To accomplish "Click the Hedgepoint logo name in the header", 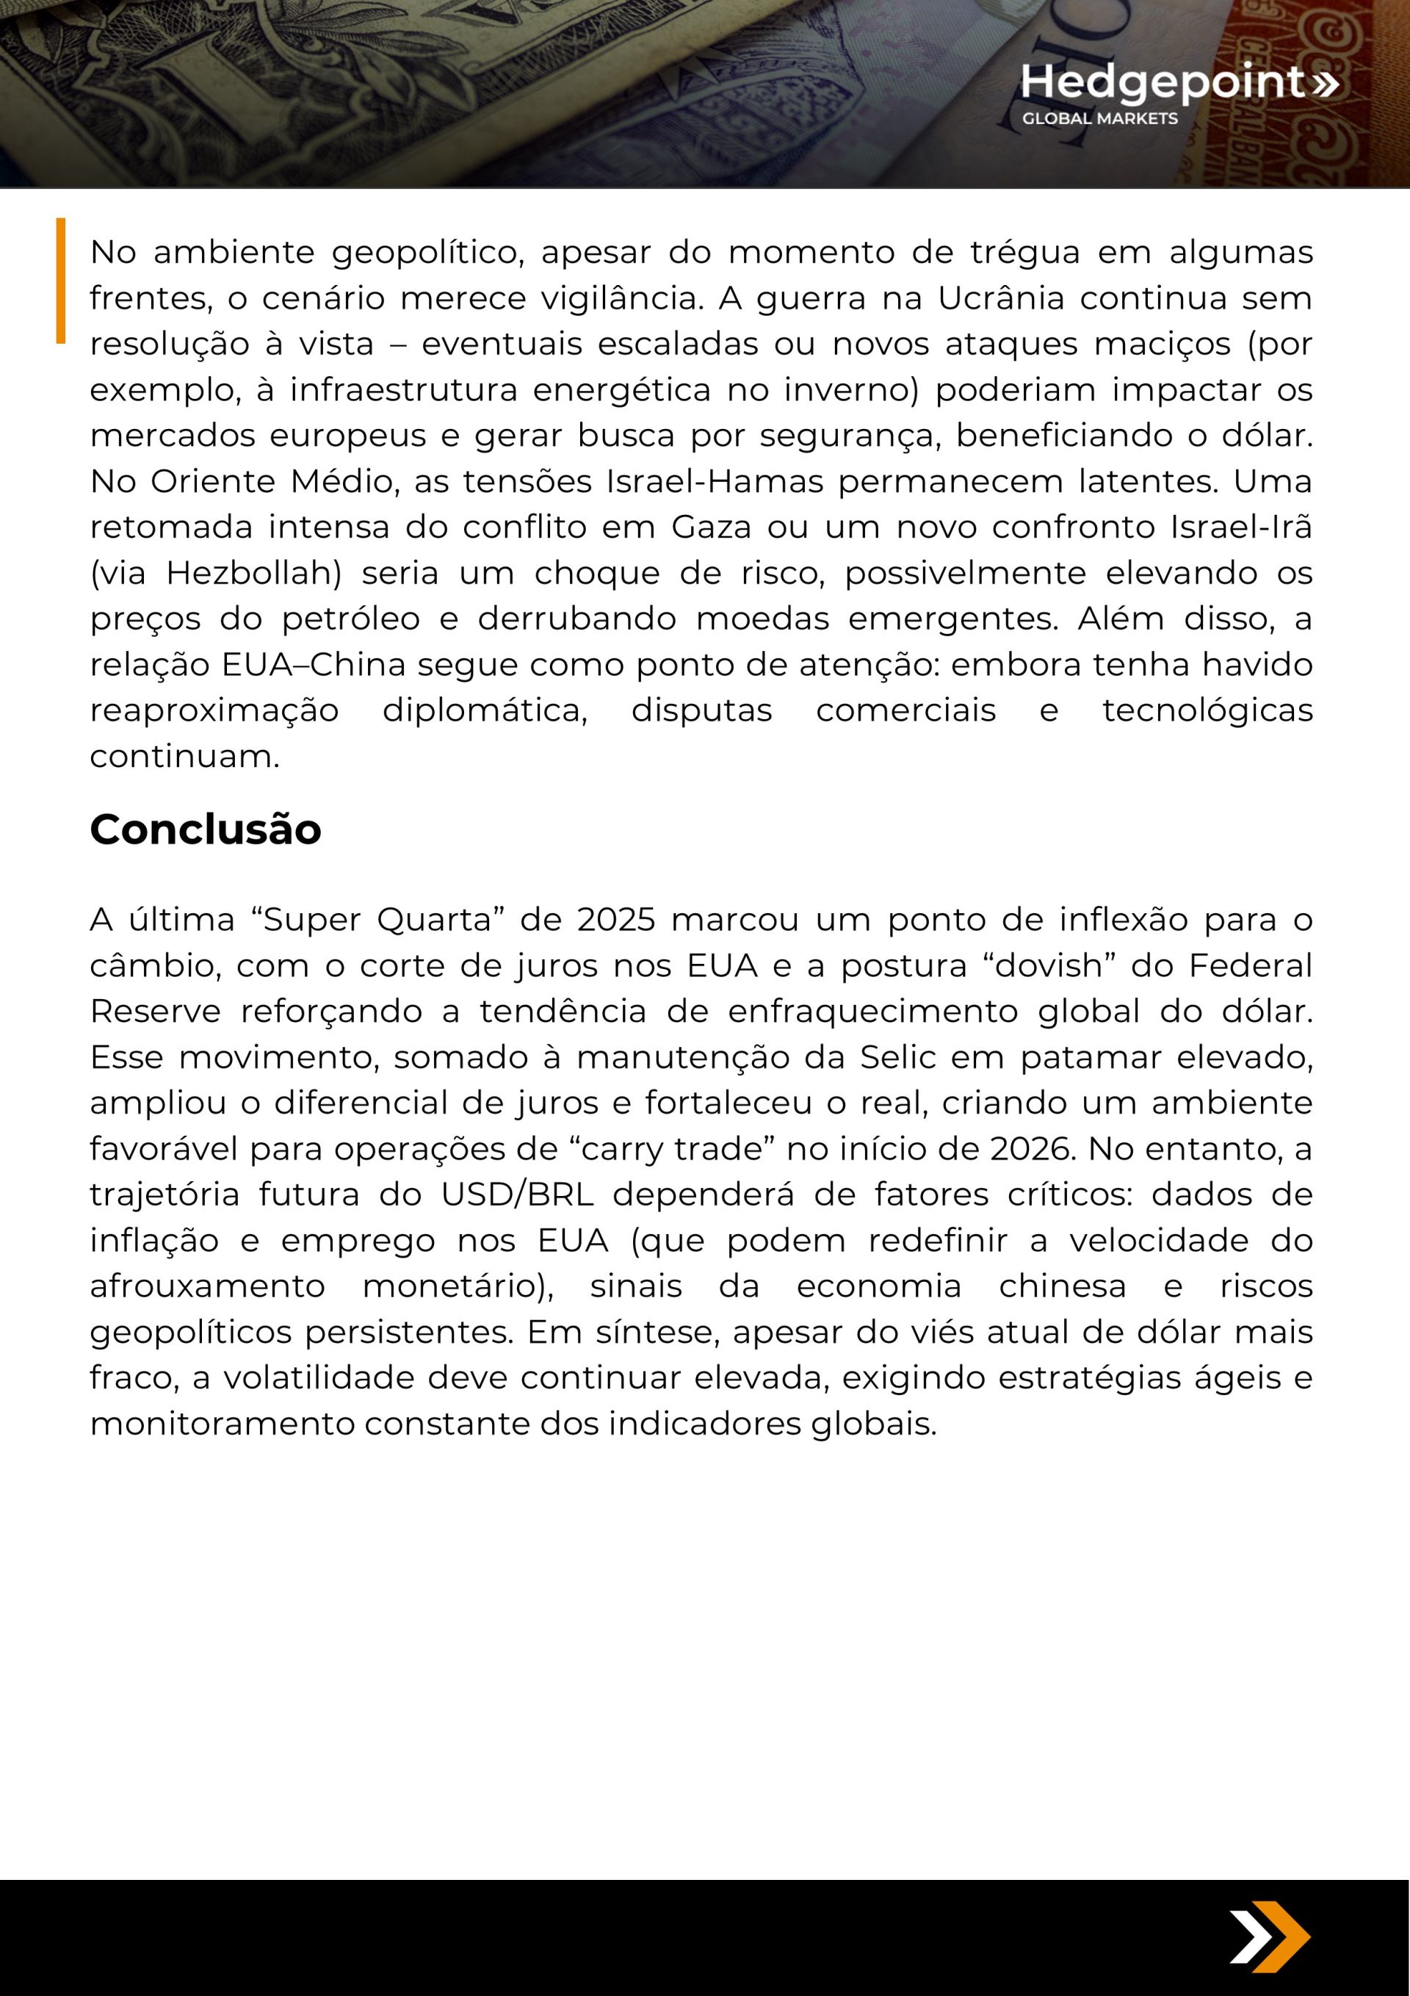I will coord(1163,82).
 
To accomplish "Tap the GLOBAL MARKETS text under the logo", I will coord(1099,119).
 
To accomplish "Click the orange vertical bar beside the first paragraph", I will coord(61,280).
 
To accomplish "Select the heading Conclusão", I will coord(205,829).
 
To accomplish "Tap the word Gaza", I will coord(711,527).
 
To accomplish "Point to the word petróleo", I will coord(350,619).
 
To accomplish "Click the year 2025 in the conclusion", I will coord(615,920).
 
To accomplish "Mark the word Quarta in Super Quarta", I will coord(434,920).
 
